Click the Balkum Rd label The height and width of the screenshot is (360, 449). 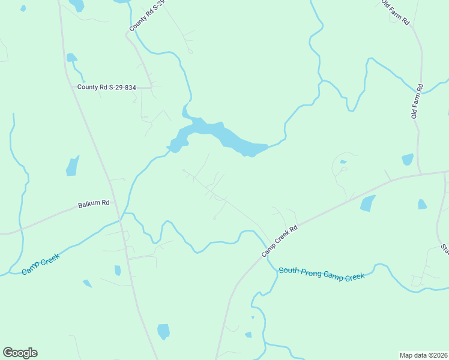[94, 203]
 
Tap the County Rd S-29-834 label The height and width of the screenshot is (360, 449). [107, 88]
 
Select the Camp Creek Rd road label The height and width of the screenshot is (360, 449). [280, 241]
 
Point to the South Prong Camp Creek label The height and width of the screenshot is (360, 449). [322, 274]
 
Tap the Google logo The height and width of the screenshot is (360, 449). [20, 353]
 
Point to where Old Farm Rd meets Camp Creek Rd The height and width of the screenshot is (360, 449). [420, 175]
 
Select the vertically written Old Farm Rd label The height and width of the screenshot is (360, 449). [415, 101]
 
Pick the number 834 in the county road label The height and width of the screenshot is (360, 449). [128, 88]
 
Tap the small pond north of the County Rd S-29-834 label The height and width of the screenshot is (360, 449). [71, 58]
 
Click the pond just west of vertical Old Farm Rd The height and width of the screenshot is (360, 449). [408, 159]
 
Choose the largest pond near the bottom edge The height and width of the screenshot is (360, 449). [163, 331]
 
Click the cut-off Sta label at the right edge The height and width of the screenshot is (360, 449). [445, 248]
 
